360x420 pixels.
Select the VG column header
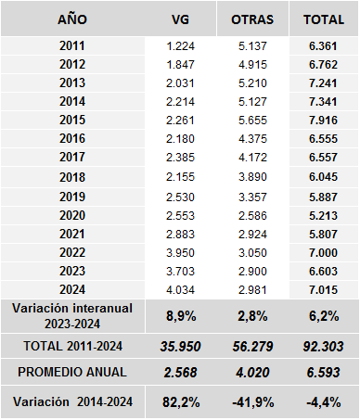tap(181, 19)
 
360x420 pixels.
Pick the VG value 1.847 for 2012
tap(181, 65)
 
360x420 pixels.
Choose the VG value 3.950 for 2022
tap(181, 252)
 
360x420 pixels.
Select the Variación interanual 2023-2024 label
tap(72, 315)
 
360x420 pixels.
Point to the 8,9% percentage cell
tap(181, 316)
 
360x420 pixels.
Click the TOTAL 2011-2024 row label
tap(72, 346)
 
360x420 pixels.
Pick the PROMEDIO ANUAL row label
tap(72, 374)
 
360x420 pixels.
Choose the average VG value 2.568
tap(181, 374)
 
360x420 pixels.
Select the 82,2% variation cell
tap(181, 402)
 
